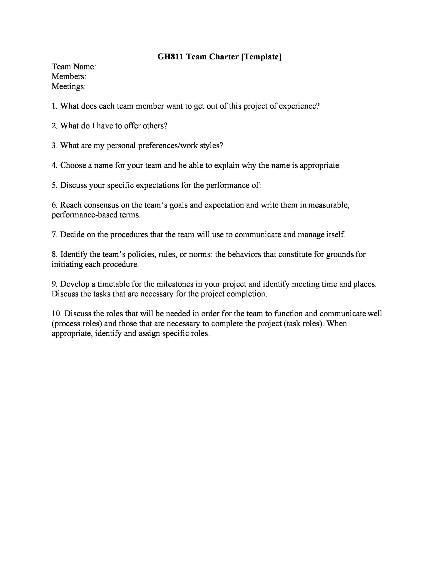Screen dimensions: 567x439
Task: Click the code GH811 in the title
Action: click(x=170, y=57)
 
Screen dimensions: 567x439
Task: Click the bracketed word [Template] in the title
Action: click(x=261, y=57)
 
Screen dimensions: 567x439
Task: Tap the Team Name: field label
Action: click(x=74, y=67)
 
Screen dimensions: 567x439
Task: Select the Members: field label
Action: click(x=69, y=76)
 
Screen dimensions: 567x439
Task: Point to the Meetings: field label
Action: click(x=68, y=86)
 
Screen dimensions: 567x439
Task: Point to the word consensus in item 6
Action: click(x=101, y=205)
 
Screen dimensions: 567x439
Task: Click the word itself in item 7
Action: click(x=336, y=235)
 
